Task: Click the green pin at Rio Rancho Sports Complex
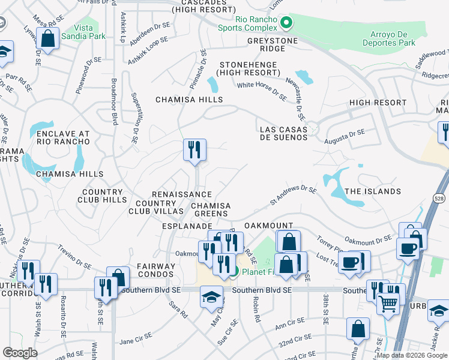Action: [x=286, y=23]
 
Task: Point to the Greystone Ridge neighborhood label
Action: [x=273, y=41]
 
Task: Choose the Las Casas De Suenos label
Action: [x=283, y=133]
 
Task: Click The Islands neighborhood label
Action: [x=373, y=191]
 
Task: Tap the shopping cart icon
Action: [x=388, y=304]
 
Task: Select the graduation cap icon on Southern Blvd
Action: [x=211, y=297]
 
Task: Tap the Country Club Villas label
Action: [x=155, y=207]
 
